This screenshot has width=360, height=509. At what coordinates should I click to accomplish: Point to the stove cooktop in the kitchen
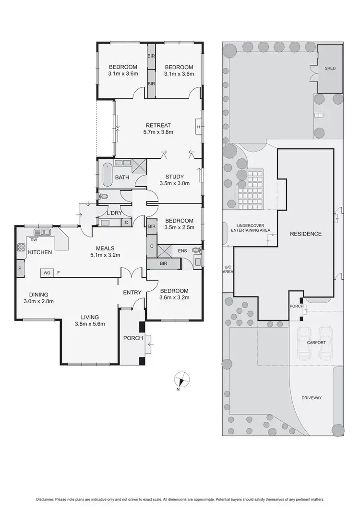pyautogui.click(x=22, y=248)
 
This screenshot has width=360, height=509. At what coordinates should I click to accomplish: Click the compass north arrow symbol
pyautogui.click(x=181, y=379)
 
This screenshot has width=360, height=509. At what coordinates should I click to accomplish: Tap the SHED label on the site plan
pyautogui.click(x=330, y=69)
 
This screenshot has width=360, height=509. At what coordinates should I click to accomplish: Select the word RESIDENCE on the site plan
pyautogui.click(x=306, y=234)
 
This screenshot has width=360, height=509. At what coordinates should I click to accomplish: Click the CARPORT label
pyautogui.click(x=316, y=343)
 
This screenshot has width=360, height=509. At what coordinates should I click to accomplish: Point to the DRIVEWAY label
pyautogui.click(x=312, y=398)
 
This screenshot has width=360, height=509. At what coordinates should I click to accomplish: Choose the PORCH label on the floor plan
pyautogui.click(x=133, y=338)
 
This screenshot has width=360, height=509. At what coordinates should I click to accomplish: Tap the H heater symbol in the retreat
pyautogui.click(x=198, y=127)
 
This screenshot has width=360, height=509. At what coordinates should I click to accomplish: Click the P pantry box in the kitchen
pyautogui.click(x=20, y=269)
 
